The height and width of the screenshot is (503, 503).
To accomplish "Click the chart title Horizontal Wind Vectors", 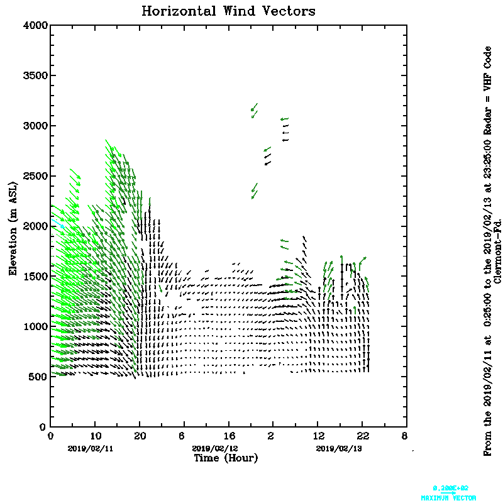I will [x=228, y=11].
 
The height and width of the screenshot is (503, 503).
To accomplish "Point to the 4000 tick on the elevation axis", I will [x=35, y=26].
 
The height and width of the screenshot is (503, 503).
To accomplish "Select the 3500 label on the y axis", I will [x=35, y=76].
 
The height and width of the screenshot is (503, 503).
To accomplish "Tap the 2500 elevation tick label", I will [x=35, y=176].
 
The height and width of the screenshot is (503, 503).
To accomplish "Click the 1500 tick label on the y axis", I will [x=35, y=277].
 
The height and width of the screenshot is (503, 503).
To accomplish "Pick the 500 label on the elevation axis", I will [x=38, y=377].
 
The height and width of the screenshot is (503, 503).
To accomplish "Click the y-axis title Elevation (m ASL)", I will [x=13, y=226].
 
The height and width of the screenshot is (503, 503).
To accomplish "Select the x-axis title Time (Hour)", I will [x=226, y=458].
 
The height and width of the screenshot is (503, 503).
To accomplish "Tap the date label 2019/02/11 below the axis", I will [x=91, y=448].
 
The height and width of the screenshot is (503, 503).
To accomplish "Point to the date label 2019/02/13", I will [x=339, y=448].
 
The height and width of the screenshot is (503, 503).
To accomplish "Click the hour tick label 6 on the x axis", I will [x=182, y=436].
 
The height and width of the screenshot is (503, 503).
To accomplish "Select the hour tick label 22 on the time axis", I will [x=363, y=436].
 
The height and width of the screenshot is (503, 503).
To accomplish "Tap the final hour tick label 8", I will [x=404, y=436].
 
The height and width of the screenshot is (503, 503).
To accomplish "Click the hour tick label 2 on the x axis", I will [x=272, y=436].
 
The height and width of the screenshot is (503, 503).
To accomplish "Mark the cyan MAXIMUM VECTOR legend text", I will [x=448, y=497].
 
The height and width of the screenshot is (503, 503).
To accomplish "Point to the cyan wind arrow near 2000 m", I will [x=59, y=224].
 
